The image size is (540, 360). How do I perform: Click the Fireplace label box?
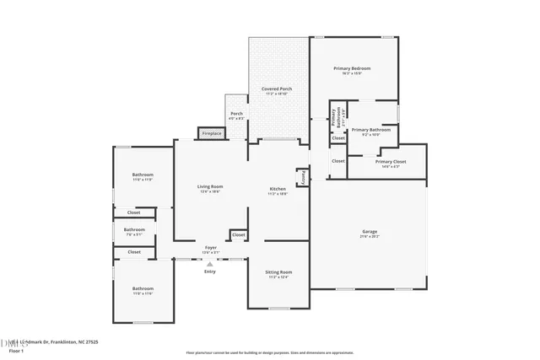[212, 133]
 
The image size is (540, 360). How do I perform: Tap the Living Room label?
[210, 186]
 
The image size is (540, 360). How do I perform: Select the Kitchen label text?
[278, 189]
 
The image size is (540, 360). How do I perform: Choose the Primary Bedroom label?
[352, 68]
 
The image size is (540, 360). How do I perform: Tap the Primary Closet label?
[391, 161]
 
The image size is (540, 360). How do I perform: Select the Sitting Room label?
[279, 272]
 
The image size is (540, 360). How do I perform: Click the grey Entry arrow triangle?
[210, 264]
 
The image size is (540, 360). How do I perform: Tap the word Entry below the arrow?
[210, 271]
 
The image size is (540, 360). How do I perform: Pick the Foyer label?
[210, 247]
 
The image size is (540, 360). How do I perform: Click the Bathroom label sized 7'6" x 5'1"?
[134, 229]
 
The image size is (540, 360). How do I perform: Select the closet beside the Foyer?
[239, 234]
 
